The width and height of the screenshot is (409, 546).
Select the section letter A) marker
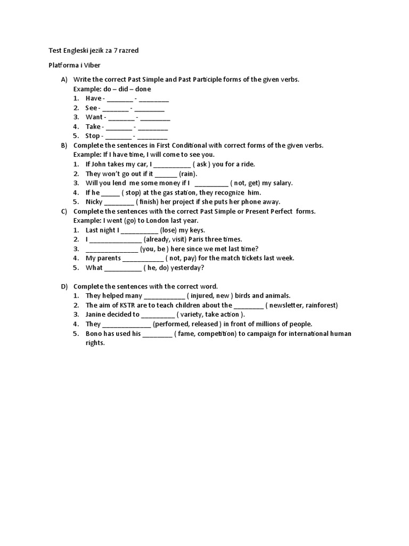pyautogui.click(x=64, y=79)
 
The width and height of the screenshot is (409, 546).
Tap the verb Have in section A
pyautogui.click(x=93, y=99)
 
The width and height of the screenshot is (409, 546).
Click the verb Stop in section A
pyautogui.click(x=93, y=136)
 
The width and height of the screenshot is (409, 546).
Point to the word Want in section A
pyautogui.click(x=94, y=117)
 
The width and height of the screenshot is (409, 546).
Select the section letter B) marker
pyautogui.click(x=64, y=145)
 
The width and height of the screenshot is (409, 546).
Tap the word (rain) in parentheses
pyautogui.click(x=188, y=173)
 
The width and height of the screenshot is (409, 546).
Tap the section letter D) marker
pyautogui.click(x=64, y=286)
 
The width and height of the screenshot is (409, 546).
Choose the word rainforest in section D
pyautogui.click(x=320, y=305)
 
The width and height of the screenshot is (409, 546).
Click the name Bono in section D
pyautogui.click(x=94, y=334)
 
